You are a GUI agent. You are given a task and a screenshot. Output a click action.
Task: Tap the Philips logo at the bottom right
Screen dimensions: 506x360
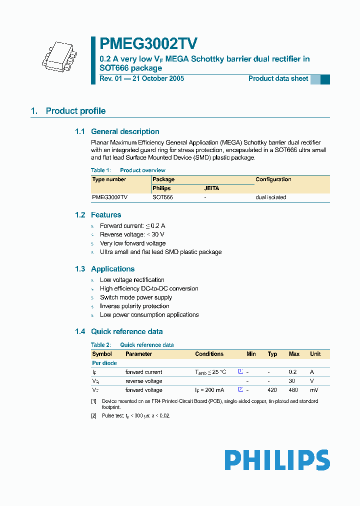tap(277, 460)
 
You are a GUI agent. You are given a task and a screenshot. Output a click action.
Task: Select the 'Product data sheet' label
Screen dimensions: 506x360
tap(278, 78)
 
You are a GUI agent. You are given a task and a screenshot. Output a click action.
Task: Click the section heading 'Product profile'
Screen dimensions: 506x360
tap(75, 111)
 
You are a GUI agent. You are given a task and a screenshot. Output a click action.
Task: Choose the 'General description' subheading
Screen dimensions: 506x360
tap(125, 131)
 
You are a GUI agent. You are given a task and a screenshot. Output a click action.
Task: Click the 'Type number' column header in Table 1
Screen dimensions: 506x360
tap(109, 179)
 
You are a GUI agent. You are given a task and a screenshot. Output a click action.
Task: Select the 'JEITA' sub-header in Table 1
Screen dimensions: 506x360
tap(211, 188)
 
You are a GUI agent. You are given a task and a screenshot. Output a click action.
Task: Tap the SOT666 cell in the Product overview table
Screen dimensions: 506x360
tap(162, 197)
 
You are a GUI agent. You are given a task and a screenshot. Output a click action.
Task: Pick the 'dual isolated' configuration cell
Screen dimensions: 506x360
tap(270, 197)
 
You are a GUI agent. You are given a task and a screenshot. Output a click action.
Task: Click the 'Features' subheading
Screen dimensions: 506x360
tap(106, 215)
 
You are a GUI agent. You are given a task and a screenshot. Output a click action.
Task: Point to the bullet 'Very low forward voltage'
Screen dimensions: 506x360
tap(132, 243)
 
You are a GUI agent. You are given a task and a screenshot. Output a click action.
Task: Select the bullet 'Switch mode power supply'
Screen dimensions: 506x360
tap(135, 297)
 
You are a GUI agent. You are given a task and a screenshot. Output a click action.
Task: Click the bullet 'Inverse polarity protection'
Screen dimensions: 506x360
tap(134, 306)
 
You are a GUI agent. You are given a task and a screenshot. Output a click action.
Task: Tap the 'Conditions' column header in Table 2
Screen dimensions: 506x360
tap(209, 354)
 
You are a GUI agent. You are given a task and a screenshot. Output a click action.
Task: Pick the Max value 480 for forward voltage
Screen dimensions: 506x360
tap(294, 390)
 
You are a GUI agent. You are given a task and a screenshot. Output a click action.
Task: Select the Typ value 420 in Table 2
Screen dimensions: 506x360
tap(272, 390)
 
